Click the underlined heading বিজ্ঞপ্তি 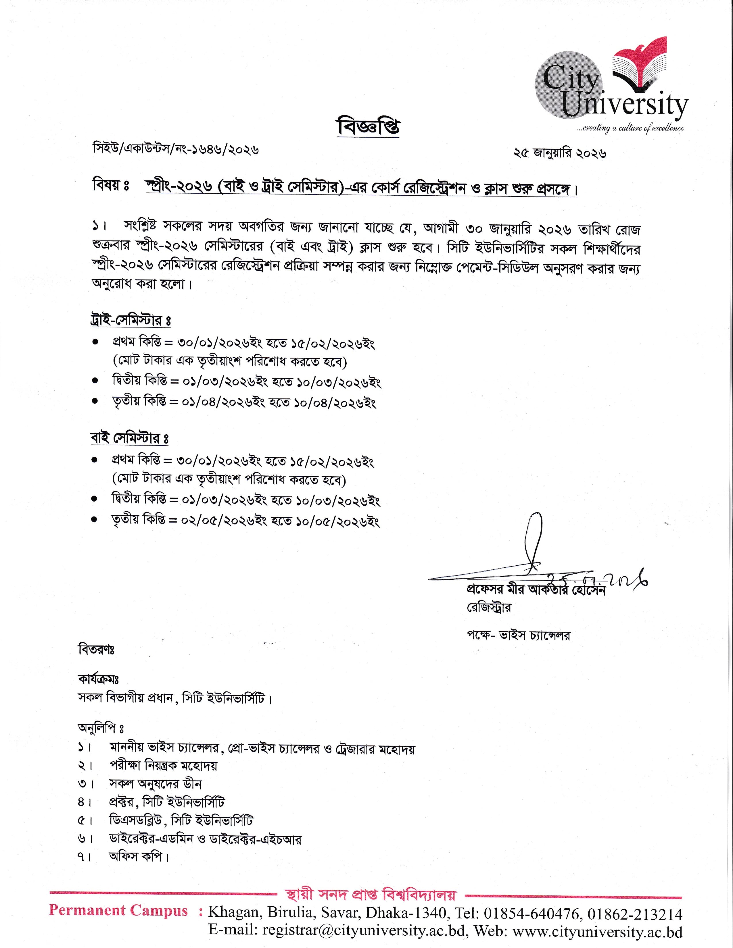point(368,127)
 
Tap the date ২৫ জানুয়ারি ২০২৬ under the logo point(560,153)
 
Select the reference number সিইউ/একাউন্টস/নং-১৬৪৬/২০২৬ point(176,149)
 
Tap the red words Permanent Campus point(118,910)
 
